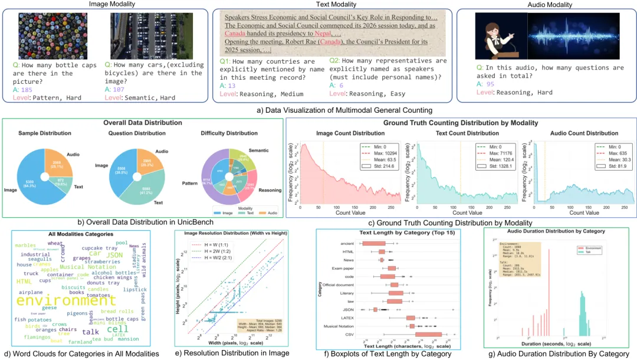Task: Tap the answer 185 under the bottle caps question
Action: click(x=27, y=89)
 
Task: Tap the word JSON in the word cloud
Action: click(x=114, y=254)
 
